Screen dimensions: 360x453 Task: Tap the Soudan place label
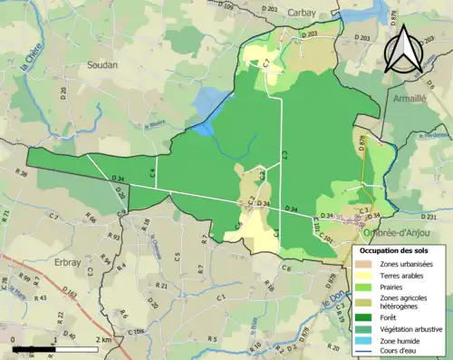tap(102, 65)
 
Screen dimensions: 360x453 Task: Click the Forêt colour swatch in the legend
tap(366, 316)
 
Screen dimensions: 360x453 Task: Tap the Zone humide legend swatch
tap(366, 343)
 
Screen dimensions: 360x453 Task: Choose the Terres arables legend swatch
tap(366, 274)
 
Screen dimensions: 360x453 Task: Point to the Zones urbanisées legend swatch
tap(366, 263)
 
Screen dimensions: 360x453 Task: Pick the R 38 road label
tap(20, 171)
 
